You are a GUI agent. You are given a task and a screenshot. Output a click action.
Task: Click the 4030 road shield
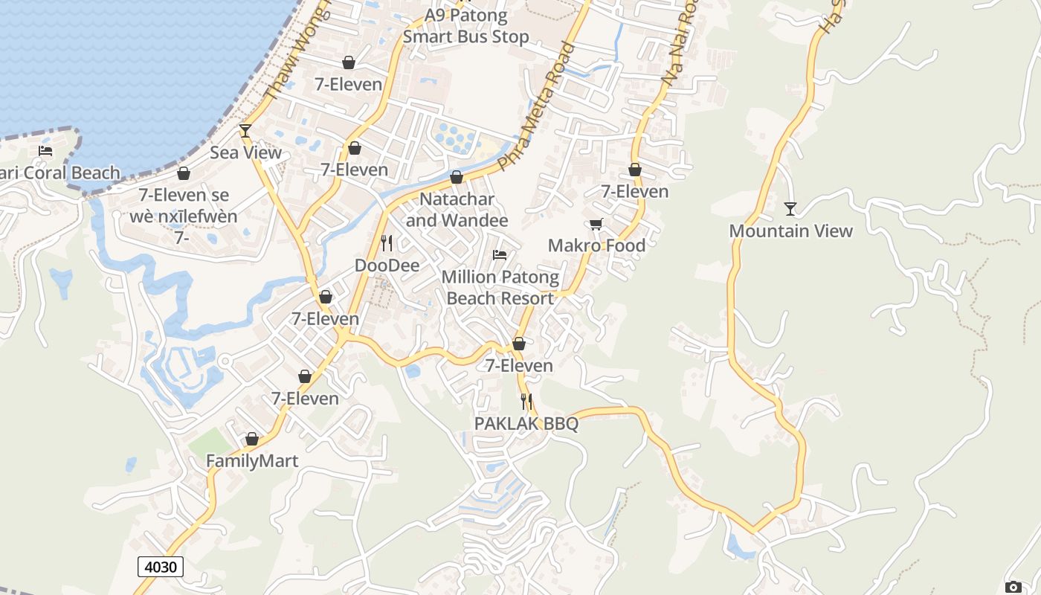tap(161, 567)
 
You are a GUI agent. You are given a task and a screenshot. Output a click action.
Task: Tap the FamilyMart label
tap(252, 461)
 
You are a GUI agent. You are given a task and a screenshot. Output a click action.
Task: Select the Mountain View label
tap(790, 231)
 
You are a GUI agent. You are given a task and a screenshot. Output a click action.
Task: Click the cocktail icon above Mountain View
tap(790, 209)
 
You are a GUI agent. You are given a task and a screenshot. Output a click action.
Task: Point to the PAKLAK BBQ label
tap(526, 423)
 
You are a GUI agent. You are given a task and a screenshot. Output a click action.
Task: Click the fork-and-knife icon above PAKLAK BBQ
tap(526, 402)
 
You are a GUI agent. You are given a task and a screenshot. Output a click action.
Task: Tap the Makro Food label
tap(596, 245)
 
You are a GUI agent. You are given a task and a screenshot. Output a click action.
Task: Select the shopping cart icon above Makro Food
tap(596, 224)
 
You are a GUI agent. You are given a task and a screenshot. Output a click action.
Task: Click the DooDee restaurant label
tap(387, 266)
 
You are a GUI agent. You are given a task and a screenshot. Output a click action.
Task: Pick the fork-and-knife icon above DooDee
tap(386, 243)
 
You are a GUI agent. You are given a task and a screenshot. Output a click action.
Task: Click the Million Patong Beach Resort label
tap(500, 287)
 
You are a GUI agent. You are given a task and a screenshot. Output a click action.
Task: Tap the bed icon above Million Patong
tap(500, 255)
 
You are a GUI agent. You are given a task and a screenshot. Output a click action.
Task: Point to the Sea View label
tap(245, 152)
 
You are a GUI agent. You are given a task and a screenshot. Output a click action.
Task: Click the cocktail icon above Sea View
tap(245, 132)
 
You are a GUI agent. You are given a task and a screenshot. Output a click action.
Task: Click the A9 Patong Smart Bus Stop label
tap(466, 25)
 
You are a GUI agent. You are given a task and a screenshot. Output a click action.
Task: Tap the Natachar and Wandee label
tap(457, 210)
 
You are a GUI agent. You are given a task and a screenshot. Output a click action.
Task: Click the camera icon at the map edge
tap(1013, 587)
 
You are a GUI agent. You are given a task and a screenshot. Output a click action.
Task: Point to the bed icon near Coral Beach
tap(45, 151)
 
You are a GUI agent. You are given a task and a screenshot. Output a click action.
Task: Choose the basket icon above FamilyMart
tap(252, 440)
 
